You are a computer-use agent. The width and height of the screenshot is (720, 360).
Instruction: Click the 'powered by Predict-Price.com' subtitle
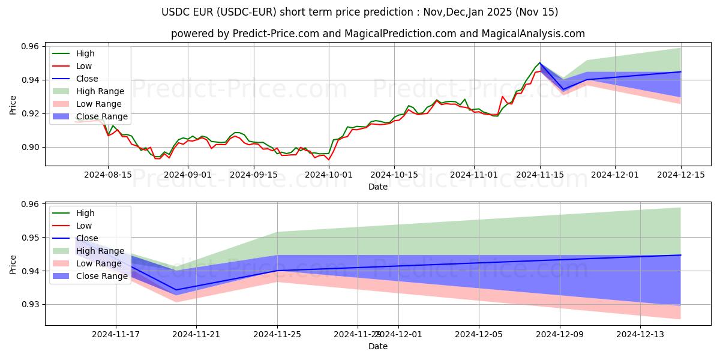coord(377,34)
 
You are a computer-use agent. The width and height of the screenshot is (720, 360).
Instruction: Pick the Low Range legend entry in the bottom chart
coord(100,263)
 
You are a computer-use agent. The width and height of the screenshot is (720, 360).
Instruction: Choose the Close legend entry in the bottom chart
coord(87,238)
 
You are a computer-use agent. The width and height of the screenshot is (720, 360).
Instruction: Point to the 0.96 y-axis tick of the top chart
coord(31,46)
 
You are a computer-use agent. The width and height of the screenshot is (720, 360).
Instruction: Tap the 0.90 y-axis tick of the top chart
coord(31,147)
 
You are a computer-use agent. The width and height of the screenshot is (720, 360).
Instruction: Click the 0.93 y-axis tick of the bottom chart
coord(31,305)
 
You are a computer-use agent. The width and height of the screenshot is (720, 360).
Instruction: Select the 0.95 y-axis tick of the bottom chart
coord(31,238)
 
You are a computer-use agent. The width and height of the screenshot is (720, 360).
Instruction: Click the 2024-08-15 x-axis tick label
coord(108,175)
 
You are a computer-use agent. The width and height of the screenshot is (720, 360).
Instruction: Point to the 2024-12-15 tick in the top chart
coord(680,175)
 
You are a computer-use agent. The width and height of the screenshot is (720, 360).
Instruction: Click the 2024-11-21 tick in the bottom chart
coord(197,335)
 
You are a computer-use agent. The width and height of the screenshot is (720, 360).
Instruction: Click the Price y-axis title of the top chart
coord(13,105)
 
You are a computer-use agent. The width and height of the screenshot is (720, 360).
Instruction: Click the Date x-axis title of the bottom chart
coord(377,346)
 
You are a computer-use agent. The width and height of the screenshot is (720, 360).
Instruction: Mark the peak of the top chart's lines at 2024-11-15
coord(540,62)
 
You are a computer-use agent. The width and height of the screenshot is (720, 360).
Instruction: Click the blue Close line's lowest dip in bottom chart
coord(176,290)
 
